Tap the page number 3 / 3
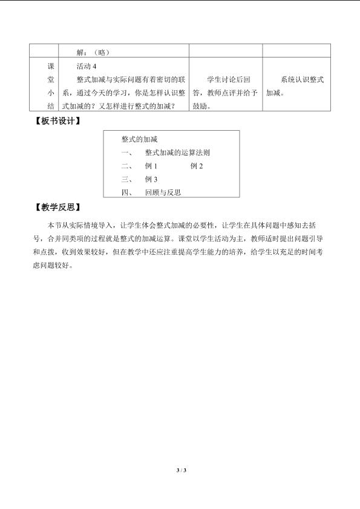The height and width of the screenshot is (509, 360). tap(181, 470)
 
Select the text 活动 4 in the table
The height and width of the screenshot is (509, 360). tap(87, 66)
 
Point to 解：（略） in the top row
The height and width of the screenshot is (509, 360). tap(93, 52)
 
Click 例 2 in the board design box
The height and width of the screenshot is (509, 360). tap(197, 166)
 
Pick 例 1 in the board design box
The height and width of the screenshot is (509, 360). tap(151, 166)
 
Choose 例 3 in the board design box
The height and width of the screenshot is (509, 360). tap(151, 179)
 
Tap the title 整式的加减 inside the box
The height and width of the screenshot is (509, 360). tap(140, 139)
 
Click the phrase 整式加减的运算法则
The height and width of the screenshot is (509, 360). tap(177, 153)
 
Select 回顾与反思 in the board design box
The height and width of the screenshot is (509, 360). tap(163, 192)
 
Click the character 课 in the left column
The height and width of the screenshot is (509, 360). tap(51, 66)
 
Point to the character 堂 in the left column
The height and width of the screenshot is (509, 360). tap(51, 79)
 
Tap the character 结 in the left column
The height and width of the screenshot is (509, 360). tap(51, 106)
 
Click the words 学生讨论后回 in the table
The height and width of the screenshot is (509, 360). tap(229, 79)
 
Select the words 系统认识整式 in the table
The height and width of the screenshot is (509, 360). tap(302, 79)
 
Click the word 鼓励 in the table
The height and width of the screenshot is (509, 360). tap(200, 106)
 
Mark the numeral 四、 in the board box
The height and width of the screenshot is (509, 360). tap(127, 192)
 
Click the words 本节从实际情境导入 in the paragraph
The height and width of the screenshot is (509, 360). tap(80, 225)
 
